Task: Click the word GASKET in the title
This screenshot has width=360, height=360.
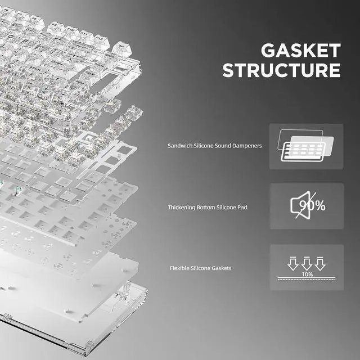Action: (300, 51)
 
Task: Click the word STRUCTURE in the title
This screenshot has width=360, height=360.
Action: (281, 70)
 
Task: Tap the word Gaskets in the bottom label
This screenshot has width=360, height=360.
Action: (220, 268)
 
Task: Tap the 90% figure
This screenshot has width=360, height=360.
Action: (313, 205)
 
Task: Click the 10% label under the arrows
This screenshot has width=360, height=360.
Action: (307, 274)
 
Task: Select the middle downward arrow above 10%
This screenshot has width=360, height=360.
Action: (307, 263)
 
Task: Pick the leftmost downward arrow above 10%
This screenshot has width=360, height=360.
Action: (294, 263)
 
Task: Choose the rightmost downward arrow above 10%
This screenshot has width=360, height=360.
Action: (319, 263)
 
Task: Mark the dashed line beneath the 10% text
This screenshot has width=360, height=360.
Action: (307, 279)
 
